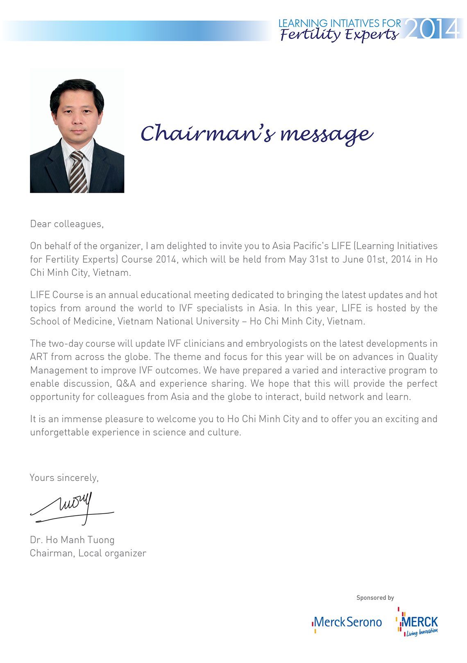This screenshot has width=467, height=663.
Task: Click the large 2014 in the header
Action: [433, 29]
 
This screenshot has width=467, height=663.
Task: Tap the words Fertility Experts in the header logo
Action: [339, 35]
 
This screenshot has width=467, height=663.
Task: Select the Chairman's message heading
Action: [257, 134]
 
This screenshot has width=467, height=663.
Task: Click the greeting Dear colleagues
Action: [67, 224]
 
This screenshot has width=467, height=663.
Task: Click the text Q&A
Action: [126, 384]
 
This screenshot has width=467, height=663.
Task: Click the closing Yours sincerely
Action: [64, 478]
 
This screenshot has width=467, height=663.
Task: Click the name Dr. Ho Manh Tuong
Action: [72, 540]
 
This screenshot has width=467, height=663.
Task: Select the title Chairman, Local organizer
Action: [88, 553]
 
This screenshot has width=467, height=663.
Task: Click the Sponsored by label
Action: [375, 598]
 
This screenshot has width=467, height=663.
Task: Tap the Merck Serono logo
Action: [347, 622]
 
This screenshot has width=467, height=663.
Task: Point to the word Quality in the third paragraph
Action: [422, 357]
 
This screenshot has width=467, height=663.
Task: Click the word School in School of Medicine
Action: [45, 322]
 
